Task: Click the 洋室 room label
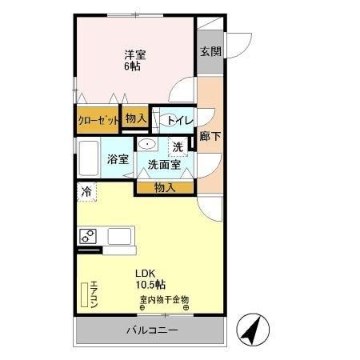(x=134, y=54)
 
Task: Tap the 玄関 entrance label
(x=211, y=51)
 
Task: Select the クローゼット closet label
(x=98, y=120)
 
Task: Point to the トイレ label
(x=177, y=120)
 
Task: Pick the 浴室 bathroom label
(x=118, y=158)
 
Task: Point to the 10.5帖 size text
(x=150, y=284)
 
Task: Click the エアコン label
(x=94, y=294)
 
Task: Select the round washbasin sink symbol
(x=147, y=144)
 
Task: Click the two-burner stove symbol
(x=88, y=236)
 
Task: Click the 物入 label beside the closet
(x=135, y=118)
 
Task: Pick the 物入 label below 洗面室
(x=164, y=187)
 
